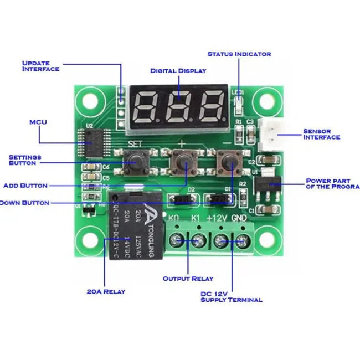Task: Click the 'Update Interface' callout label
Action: tap(40, 66)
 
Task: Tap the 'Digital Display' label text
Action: tap(178, 71)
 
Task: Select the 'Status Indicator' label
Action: tap(239, 54)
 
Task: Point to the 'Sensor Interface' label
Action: tap(321, 135)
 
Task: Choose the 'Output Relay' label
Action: tap(188, 279)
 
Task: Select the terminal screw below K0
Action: tap(177, 240)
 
